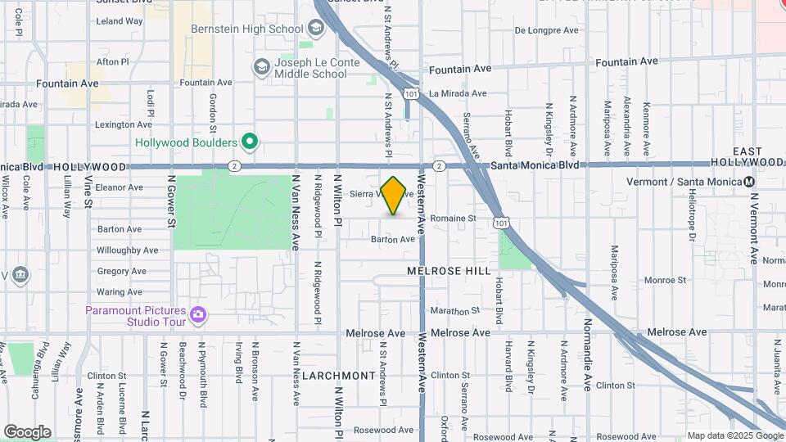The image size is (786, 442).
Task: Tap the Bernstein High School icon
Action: pos(317,29)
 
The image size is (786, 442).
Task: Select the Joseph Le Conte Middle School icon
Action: pos(262,66)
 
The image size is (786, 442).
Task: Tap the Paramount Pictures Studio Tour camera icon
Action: pos(197,314)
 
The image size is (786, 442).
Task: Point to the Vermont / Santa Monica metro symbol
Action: pos(748,181)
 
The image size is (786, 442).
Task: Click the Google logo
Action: pos(27,432)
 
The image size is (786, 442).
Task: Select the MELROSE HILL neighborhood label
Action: pos(449,270)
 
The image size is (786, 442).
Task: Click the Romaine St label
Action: pos(454,219)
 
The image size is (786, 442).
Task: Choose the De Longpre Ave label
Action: pos(547,30)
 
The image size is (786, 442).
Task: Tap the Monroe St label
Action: pos(664,280)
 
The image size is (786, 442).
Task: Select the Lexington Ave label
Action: pos(124,124)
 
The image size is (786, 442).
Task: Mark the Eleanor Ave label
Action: pos(120,187)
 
